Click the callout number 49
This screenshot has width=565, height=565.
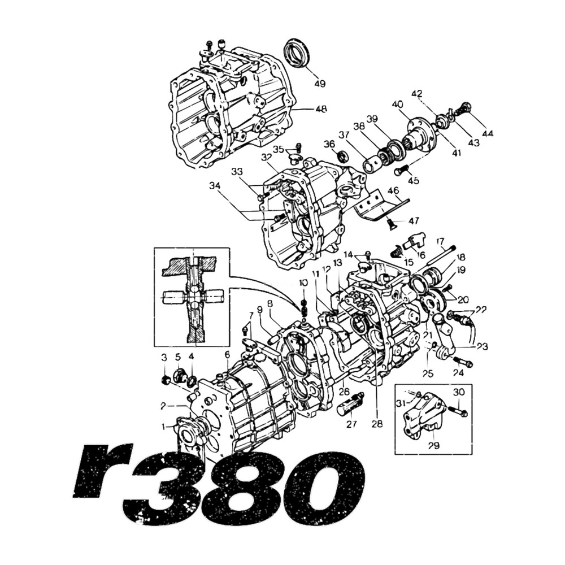[x=320, y=84]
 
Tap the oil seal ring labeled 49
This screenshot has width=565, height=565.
[x=297, y=53]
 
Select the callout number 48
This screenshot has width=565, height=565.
[x=320, y=109]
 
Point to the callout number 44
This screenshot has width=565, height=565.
[x=488, y=134]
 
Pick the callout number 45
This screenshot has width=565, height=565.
[x=414, y=181]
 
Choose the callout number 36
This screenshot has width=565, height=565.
[x=330, y=144]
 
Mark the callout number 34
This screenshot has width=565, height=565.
[x=215, y=185]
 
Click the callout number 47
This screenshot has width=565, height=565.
[x=415, y=220]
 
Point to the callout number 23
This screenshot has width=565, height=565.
[x=481, y=346]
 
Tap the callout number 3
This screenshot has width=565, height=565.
[x=164, y=357]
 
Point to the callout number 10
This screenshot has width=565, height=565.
[x=303, y=282]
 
